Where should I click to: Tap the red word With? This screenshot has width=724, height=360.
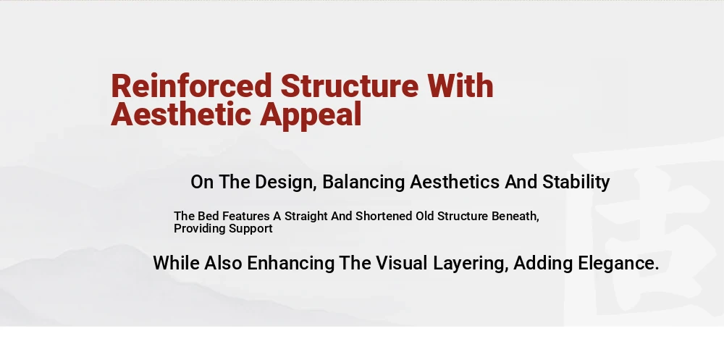click(460, 85)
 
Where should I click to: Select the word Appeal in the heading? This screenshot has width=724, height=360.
click(311, 114)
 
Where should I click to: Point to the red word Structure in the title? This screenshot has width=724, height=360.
click(350, 85)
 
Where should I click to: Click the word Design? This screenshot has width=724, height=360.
click(285, 182)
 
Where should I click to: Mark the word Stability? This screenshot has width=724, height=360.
click(576, 182)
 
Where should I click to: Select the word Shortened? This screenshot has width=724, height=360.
click(384, 216)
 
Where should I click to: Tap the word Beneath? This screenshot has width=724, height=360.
click(515, 217)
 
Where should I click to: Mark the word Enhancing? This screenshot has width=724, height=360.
click(290, 264)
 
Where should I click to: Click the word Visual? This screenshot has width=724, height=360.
click(401, 263)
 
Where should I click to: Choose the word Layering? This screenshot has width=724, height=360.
click(471, 264)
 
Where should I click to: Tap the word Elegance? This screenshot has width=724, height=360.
click(618, 264)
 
